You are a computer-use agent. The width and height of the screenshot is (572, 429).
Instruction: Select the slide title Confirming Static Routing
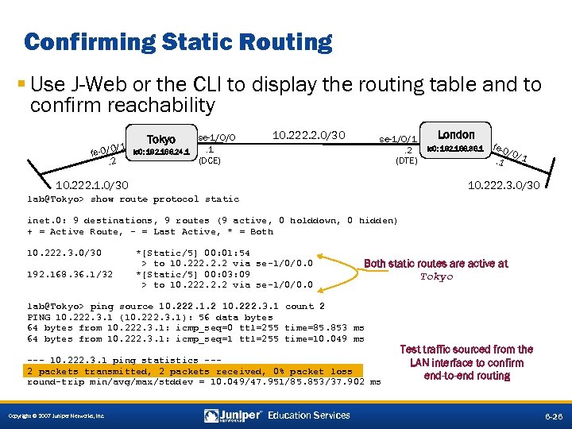[x=178, y=42]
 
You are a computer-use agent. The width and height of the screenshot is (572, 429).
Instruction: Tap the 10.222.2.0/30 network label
[x=308, y=136]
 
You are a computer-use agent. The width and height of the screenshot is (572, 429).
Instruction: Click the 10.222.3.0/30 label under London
[x=504, y=185]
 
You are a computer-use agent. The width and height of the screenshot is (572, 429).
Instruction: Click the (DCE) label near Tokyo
[x=209, y=160]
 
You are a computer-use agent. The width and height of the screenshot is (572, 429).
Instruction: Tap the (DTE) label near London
[x=406, y=160]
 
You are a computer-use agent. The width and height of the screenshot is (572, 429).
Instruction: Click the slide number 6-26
[x=551, y=416]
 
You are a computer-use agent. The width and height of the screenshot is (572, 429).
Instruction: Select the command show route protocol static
[x=164, y=199]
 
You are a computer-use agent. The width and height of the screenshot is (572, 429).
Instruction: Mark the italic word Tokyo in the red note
[x=435, y=276]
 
